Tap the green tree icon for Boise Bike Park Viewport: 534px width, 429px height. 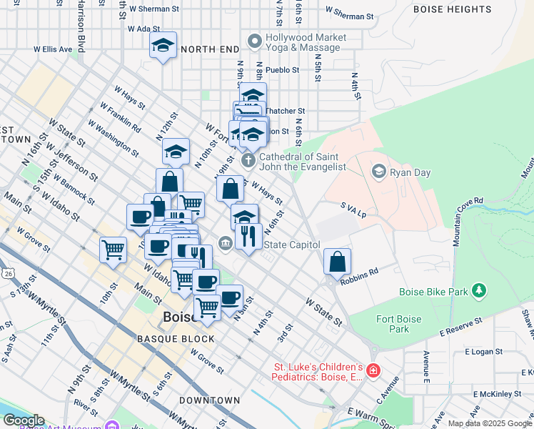pyautogui.click(x=480, y=290)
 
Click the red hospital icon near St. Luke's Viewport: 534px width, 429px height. pyautogui.click(x=373, y=370)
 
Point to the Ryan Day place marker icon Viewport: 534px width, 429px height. pyautogui.click(x=379, y=171)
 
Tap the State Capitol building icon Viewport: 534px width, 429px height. pyautogui.click(x=226, y=245)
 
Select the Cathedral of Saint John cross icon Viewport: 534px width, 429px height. pyautogui.click(x=248, y=160)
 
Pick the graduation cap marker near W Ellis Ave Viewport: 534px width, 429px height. pyautogui.click(x=163, y=47)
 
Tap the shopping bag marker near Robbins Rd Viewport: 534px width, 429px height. pyautogui.click(x=337, y=261)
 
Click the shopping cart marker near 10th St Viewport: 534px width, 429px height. pyautogui.click(x=113, y=250)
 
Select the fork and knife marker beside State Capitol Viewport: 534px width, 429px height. pyautogui.click(x=248, y=235)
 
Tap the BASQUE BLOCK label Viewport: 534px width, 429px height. pyautogui.click(x=176, y=338)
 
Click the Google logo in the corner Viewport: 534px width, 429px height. pyautogui.click(x=23, y=421)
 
